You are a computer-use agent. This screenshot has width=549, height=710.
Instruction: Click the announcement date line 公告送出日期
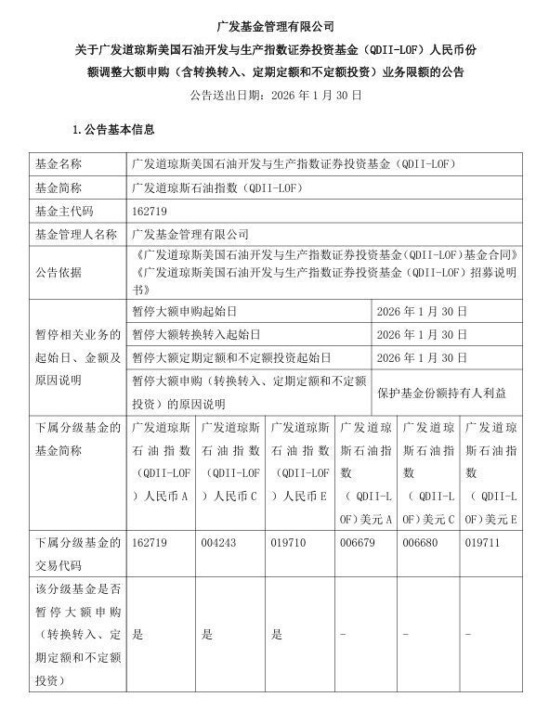click(x=274, y=94)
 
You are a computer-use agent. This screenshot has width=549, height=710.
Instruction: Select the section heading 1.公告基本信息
click(x=113, y=129)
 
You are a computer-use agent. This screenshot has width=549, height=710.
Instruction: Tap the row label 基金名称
click(x=58, y=162)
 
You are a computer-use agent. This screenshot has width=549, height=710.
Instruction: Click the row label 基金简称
click(x=58, y=187)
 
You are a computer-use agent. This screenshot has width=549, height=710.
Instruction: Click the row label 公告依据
click(x=58, y=271)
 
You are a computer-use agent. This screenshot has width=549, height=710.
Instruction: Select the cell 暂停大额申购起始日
click(x=185, y=312)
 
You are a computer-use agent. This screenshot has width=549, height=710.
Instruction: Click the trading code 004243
click(x=216, y=540)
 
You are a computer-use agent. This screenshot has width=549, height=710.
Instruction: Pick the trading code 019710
click(x=286, y=540)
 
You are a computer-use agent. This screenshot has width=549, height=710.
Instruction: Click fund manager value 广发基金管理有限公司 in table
click(x=192, y=235)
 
